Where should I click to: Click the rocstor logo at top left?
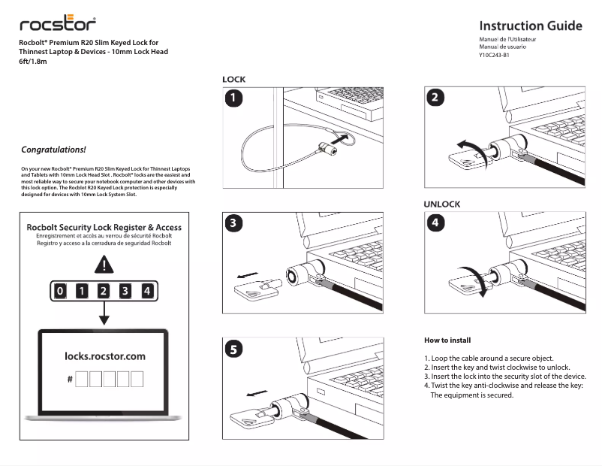58,24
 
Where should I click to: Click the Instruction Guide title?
530,26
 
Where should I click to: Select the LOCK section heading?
233,79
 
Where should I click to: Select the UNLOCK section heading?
442,204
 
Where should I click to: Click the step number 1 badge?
236,98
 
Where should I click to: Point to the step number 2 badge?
437,98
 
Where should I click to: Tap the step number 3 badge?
236,223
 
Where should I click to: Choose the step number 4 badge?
437,223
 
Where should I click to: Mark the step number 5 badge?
236,349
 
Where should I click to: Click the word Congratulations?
53,150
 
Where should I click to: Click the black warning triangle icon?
104,265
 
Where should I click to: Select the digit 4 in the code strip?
147,291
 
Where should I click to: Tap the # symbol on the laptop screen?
70,380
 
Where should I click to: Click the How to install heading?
447,340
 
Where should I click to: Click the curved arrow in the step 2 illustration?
471,145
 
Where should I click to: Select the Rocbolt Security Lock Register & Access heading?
104,227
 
